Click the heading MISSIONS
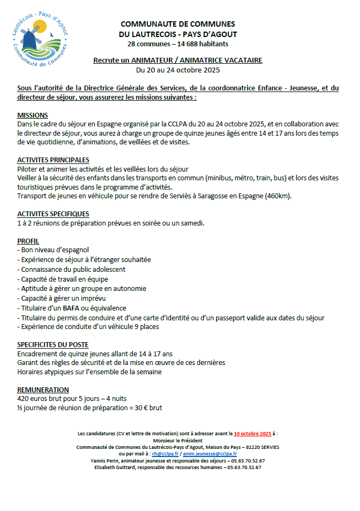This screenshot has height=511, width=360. click(33, 116)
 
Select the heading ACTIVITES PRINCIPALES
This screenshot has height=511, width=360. click(53, 160)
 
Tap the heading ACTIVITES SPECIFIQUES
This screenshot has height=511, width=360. click(53, 214)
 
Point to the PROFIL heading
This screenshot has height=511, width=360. click(28, 241)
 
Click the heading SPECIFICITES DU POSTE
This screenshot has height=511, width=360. click(53, 345)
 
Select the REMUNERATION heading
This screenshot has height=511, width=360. click(43, 390)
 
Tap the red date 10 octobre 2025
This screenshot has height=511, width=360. click(253, 434)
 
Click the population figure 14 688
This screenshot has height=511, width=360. click(175, 44)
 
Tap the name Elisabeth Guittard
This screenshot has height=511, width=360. click(115, 467)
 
